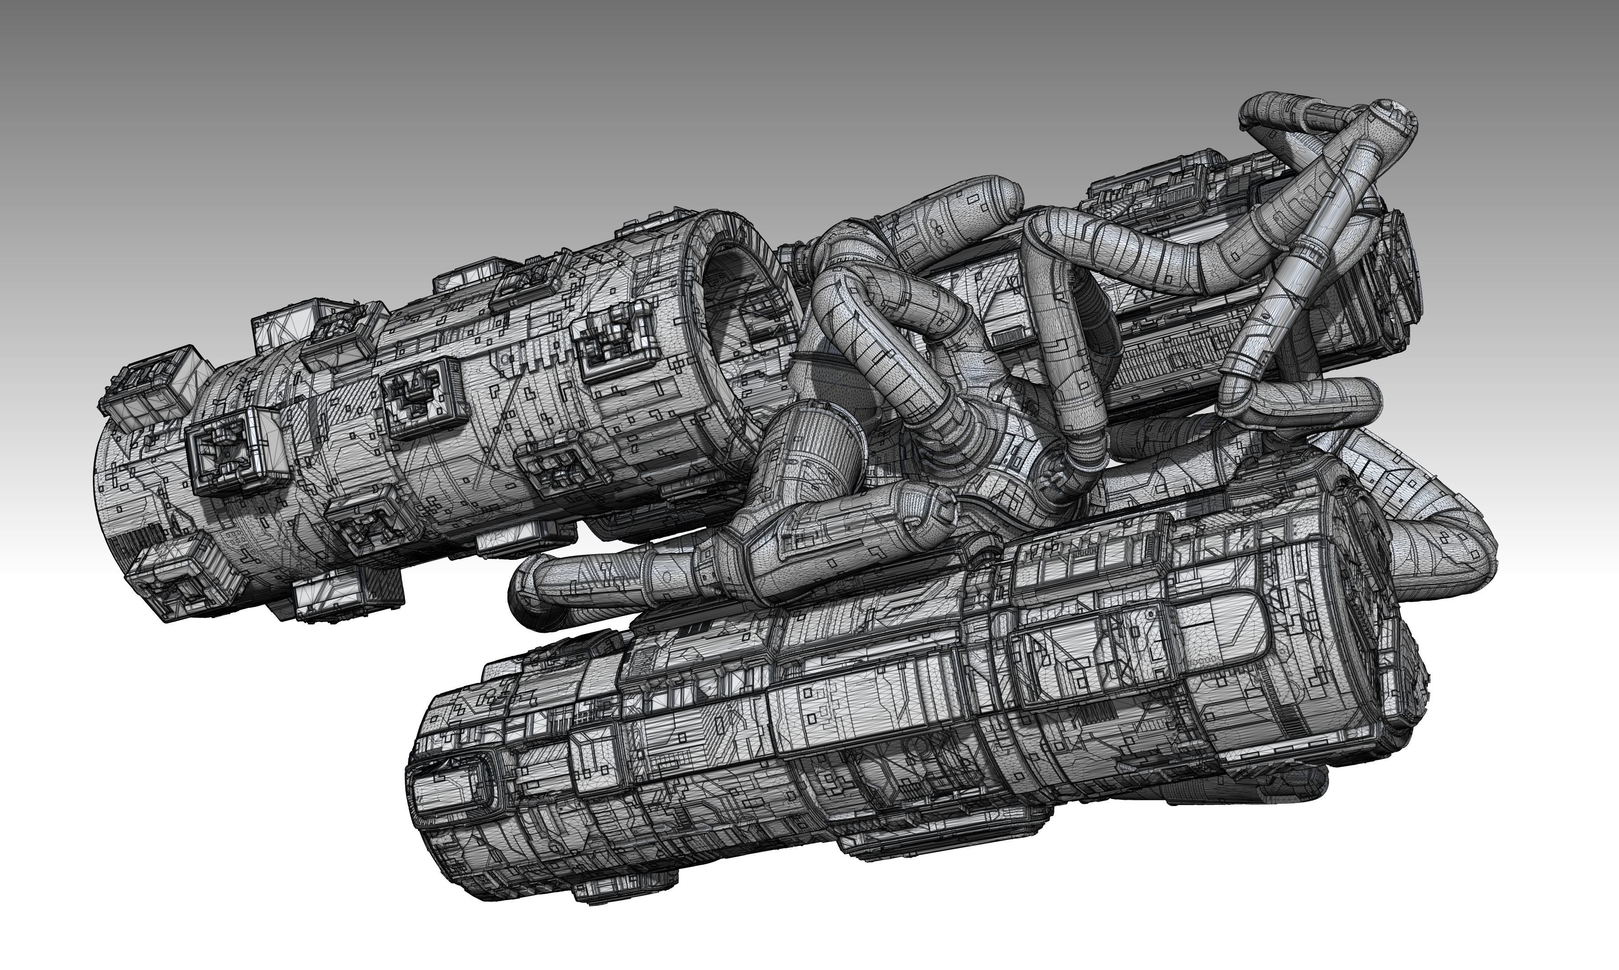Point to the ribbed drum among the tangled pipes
(x=820, y=444)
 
